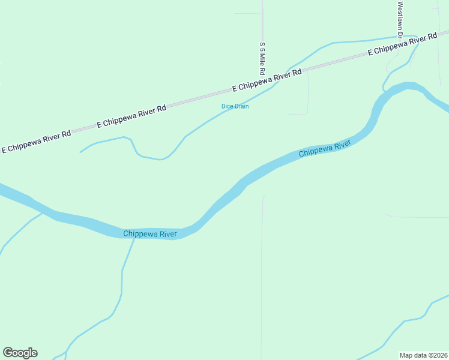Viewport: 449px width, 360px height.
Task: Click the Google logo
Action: pos(20,353)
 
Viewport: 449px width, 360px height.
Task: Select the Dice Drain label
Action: pos(235,106)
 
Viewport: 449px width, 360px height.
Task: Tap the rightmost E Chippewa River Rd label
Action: pos(402,45)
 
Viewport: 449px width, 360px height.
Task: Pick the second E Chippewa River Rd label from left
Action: pos(131,117)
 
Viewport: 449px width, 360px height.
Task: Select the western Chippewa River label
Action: pos(150,234)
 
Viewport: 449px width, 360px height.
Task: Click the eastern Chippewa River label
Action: pos(324,149)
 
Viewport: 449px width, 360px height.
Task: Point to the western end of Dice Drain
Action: pos(80,152)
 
